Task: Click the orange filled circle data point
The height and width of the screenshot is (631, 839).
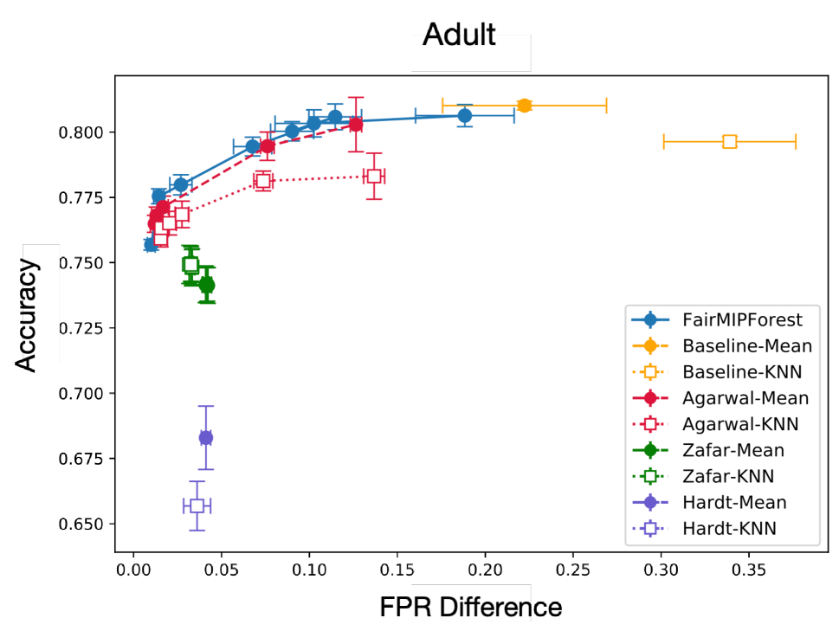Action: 524,106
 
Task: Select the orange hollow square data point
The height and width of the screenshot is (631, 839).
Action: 729,141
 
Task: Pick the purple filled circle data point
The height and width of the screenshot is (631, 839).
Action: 205,437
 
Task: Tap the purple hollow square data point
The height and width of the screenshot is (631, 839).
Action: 197,505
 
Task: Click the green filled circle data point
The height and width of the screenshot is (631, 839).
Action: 206,285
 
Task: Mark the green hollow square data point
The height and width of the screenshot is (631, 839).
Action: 190,265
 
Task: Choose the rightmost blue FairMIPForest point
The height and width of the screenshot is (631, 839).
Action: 464,115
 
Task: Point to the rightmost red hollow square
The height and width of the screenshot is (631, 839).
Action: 373,176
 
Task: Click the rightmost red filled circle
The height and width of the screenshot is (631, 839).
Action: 355,124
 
